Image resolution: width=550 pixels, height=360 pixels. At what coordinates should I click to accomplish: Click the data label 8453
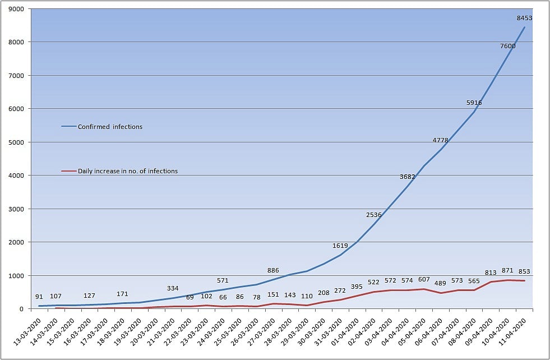[524, 18]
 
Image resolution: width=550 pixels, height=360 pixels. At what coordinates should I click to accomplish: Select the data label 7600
[507, 46]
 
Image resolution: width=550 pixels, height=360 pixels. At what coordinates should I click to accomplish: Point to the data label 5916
[474, 103]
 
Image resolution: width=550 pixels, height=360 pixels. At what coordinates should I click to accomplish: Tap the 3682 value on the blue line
[407, 177]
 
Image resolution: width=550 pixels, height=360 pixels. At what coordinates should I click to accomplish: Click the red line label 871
[507, 270]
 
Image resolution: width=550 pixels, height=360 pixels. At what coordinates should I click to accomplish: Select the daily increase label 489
[440, 284]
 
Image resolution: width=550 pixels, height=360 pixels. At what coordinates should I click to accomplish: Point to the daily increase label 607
[424, 280]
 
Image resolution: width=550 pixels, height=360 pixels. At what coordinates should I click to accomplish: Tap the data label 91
[39, 297]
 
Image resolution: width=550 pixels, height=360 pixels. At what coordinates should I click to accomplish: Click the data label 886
[273, 270]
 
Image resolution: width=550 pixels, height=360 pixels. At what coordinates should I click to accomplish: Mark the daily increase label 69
[190, 298]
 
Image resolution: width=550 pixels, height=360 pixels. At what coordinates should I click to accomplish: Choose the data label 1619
[340, 246]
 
